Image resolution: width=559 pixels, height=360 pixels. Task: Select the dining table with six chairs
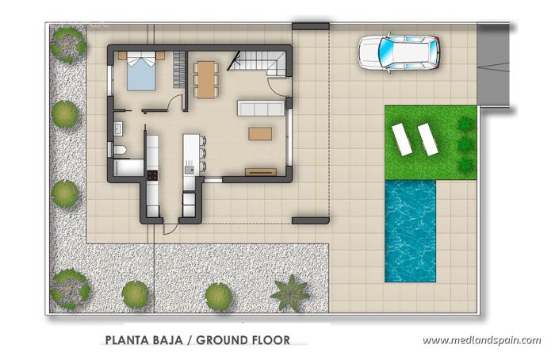click(205, 79)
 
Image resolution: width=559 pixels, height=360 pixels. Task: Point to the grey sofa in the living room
click(260, 109)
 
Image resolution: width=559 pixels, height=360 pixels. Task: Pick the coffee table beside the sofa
click(259, 133)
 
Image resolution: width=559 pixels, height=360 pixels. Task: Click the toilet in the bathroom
click(119, 150)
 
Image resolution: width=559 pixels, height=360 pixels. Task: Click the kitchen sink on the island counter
click(189, 168)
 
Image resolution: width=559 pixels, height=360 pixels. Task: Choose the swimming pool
click(410, 229)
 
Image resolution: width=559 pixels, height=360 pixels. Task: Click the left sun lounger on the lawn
click(402, 140)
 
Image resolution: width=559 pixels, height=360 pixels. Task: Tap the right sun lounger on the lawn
click(428, 139)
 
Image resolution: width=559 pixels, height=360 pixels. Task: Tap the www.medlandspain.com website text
click(481, 340)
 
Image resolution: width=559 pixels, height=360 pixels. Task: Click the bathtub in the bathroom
click(128, 167)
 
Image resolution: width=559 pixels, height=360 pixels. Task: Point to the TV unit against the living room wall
click(260, 170)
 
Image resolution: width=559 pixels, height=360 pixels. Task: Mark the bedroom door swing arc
click(174, 102)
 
